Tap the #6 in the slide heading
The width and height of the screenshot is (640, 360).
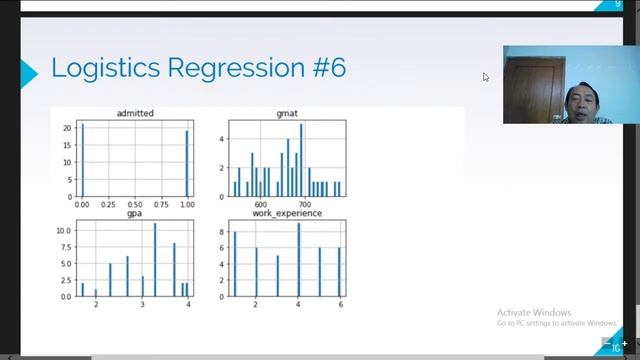tap(327, 69)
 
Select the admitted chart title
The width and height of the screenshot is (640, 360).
tap(134, 114)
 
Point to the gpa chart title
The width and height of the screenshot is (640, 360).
tap(134, 213)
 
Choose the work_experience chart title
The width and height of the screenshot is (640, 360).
tap(286, 213)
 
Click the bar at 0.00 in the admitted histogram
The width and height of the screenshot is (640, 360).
tap(82, 160)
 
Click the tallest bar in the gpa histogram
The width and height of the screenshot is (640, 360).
tap(155, 258)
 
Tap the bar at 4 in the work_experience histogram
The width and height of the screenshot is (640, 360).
tap(298, 258)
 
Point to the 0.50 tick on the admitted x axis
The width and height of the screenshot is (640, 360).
tap(134, 203)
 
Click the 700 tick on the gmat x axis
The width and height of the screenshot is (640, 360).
tap(307, 203)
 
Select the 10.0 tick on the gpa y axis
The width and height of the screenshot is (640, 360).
tap(64, 231)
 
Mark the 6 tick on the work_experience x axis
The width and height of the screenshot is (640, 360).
tap(340, 303)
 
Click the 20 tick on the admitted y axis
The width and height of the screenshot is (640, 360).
tap(66, 128)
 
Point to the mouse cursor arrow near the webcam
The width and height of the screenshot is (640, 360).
tap(486, 76)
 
